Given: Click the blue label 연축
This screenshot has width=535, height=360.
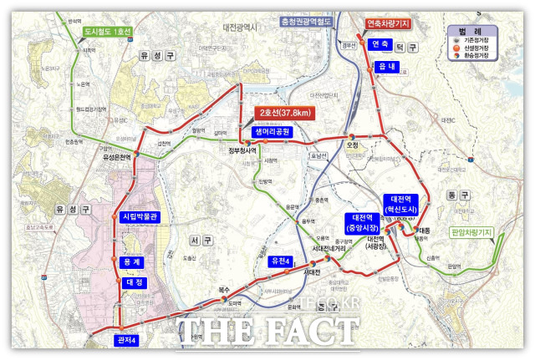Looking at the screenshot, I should pos(380,44).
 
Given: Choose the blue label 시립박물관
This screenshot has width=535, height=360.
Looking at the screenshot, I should pos(140,217).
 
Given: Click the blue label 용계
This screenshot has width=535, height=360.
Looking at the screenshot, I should pos(132,262).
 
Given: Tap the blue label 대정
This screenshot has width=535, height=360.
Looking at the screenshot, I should pos(134,282).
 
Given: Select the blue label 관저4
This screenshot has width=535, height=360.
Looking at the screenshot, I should pos(126,340).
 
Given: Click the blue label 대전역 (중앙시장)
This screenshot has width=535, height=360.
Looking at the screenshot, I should pos(361,221).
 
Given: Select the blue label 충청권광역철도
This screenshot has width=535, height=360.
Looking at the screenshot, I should pos(318,25).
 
